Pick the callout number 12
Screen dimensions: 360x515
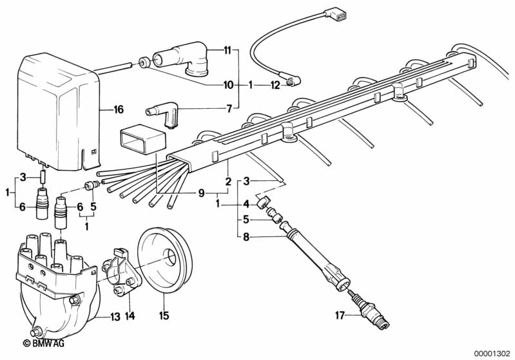[275, 84]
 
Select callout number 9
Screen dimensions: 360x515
[201, 193]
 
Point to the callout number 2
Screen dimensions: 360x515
[227, 182]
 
